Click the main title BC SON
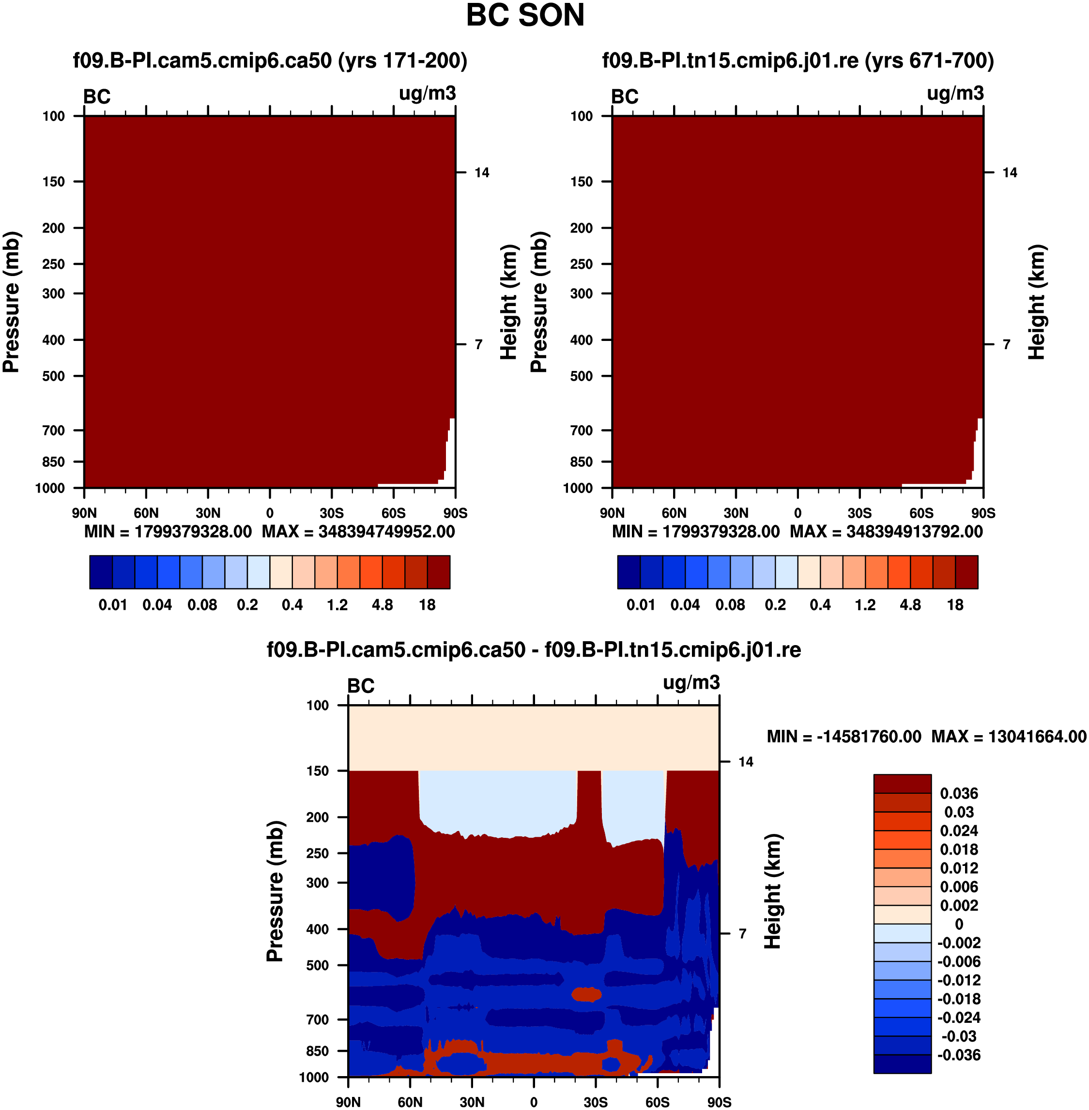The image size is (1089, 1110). [525, 15]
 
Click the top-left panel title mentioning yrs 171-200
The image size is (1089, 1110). [270, 60]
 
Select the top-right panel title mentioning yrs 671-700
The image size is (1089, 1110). [798, 60]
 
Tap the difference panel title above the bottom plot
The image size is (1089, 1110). [534, 649]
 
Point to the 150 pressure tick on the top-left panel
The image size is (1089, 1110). [54, 182]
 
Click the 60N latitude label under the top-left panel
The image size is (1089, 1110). [146, 513]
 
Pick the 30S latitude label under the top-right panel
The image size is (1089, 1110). [859, 513]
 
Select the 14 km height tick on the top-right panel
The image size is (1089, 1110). [1010, 172]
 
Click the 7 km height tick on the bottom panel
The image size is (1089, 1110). [742, 934]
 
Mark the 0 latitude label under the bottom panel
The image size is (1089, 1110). [534, 1102]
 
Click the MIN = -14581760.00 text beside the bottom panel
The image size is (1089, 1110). [844, 737]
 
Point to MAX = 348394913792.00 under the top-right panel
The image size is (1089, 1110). [886, 532]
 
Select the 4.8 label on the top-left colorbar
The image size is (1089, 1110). [382, 605]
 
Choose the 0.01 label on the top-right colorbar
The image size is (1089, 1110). [641, 605]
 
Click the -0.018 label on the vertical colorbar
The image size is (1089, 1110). [959, 999]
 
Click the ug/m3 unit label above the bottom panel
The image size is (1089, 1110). [691, 682]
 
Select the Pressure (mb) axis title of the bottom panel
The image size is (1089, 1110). [275, 891]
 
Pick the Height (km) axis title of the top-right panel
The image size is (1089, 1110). [1036, 302]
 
